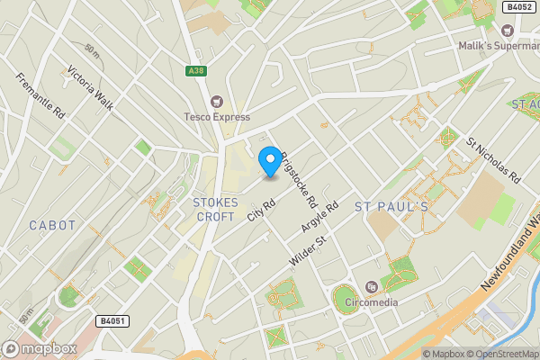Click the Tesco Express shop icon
click(x=215, y=101)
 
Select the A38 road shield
click(x=196, y=71)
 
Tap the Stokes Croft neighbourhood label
click(x=214, y=210)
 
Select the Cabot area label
click(x=52, y=224)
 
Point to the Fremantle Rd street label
click(x=42, y=96)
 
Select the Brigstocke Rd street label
click(x=299, y=175)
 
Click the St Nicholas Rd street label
click(x=493, y=161)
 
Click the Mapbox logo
click(x=39, y=348)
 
